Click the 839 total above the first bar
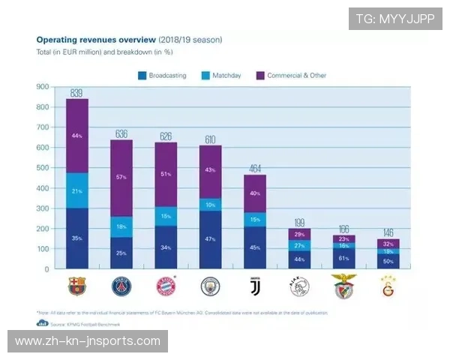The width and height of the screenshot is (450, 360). [x=77, y=93]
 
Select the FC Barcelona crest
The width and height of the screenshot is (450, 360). [x=77, y=286]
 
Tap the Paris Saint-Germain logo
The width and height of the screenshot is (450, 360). [x=121, y=286]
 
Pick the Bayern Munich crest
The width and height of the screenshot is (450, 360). [x=166, y=286]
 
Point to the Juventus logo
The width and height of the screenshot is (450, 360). [x=255, y=286]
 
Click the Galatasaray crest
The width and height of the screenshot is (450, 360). [x=388, y=286]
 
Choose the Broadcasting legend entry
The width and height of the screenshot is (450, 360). [x=162, y=75]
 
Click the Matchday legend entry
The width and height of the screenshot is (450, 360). [x=222, y=75]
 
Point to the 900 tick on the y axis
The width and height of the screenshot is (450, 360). [x=43, y=87]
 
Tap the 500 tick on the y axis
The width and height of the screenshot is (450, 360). [x=43, y=168]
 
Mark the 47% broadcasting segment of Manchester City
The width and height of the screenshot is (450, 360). [x=211, y=239]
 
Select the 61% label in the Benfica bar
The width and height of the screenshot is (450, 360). [x=344, y=258]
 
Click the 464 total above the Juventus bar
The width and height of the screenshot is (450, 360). [x=255, y=169]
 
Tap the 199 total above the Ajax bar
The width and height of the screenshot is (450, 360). [x=299, y=223]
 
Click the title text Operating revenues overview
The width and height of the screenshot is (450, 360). [x=97, y=38]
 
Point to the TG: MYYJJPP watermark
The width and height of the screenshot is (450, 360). [x=395, y=19]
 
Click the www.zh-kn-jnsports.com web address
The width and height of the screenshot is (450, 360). [x=87, y=341]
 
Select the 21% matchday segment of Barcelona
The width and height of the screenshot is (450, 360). [x=77, y=190]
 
